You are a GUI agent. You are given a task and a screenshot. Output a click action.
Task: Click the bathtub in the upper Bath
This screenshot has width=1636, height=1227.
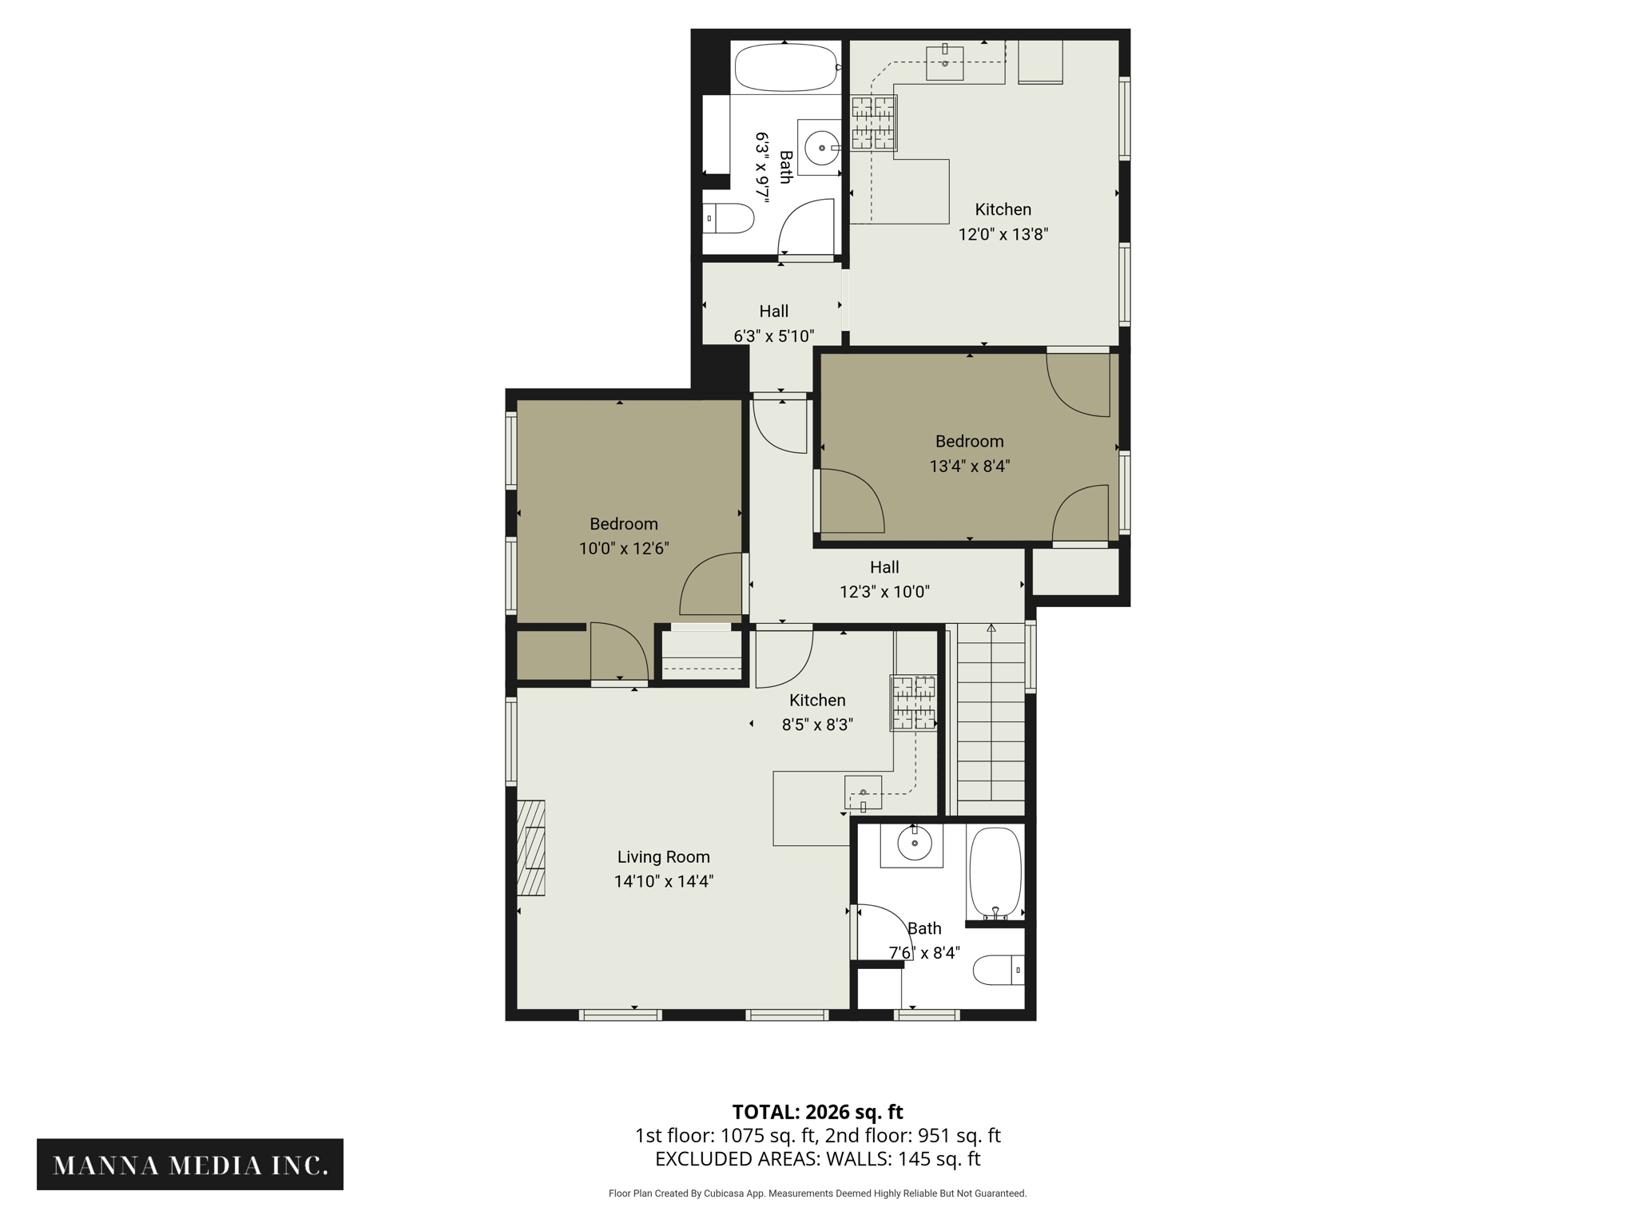click(x=785, y=68)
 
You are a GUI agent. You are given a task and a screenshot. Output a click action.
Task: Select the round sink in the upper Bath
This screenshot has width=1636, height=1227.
click(x=821, y=148)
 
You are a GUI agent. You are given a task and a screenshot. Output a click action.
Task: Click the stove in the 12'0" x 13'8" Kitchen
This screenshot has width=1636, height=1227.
click(x=873, y=123)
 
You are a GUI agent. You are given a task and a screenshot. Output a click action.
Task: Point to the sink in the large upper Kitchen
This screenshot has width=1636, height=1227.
click(x=944, y=62)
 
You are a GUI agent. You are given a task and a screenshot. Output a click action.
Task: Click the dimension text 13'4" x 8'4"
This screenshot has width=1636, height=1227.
click(x=969, y=466)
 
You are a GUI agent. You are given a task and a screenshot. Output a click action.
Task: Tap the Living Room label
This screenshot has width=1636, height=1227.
click(x=663, y=856)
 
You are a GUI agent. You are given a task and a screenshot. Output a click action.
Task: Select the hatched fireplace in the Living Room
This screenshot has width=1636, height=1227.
click(x=531, y=848)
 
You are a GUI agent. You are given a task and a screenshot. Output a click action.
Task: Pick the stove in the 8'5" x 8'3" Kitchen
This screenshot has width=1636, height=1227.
click(x=914, y=703)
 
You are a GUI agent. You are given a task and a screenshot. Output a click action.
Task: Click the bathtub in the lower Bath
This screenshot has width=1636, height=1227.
click(x=995, y=873)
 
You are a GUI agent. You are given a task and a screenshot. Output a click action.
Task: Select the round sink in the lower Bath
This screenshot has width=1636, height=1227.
click(x=914, y=843)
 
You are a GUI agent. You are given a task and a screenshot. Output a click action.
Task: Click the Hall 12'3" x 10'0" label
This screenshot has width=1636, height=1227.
click(x=884, y=579)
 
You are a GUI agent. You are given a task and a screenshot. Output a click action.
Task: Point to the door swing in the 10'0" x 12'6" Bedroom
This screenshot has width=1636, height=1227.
click(x=710, y=584)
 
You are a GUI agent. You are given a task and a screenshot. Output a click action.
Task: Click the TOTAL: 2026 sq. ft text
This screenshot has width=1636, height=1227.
click(x=817, y=1111)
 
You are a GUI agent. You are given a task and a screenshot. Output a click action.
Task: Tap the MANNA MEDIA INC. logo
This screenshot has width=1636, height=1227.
click(x=190, y=1165)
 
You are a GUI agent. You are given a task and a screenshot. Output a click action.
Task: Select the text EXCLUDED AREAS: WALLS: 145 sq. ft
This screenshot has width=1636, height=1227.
click(x=817, y=1158)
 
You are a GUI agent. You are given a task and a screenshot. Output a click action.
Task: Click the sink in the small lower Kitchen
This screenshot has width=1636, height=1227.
click(x=863, y=792)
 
